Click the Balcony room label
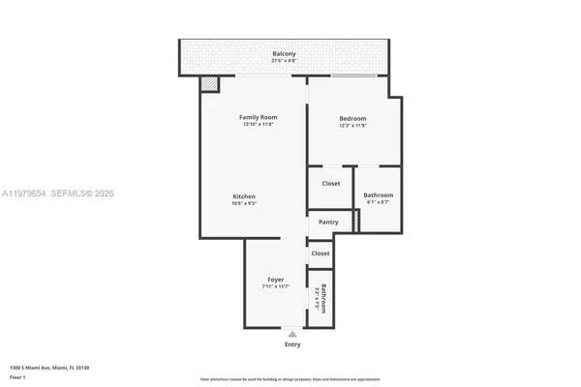[x=284, y=53]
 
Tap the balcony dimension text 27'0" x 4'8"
[x=284, y=61]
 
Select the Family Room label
[x=259, y=117]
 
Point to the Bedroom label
[x=352, y=117]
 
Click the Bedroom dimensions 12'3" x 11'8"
[x=352, y=125]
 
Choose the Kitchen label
[x=243, y=195]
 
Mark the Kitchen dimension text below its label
[x=243, y=203]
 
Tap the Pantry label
[x=328, y=222]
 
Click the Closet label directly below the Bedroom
[x=330, y=183]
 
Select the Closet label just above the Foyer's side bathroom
[x=321, y=253]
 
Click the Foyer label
[x=276, y=279]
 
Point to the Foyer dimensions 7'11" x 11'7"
[x=276, y=286]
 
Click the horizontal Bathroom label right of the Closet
[x=378, y=194]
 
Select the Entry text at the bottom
[x=292, y=344]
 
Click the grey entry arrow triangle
[x=292, y=334]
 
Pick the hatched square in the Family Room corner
[x=209, y=85]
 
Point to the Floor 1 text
[x=16, y=377]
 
